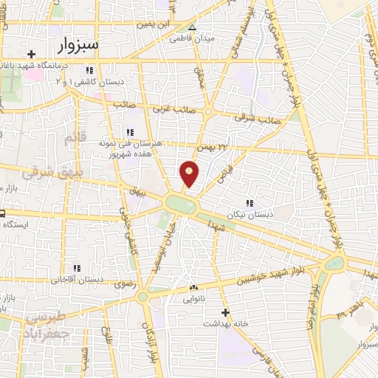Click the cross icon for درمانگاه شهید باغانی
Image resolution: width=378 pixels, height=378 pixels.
(x=31, y=54)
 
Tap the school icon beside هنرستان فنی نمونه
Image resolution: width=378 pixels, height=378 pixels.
(x=130, y=132)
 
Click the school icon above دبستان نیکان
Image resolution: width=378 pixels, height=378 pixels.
(x=249, y=202)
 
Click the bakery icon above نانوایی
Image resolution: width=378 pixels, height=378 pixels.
(x=193, y=287)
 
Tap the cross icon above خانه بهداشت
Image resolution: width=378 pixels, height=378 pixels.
(x=225, y=312)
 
